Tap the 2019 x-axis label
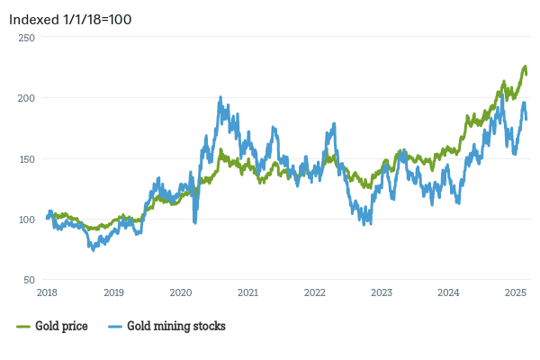click(x=113, y=292)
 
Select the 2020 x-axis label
click(x=181, y=292)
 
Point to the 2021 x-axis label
click(x=247, y=292)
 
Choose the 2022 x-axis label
click(x=314, y=292)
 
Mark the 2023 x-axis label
click(x=382, y=292)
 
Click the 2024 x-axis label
click(x=448, y=292)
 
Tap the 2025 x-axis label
click(x=515, y=292)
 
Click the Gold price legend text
click(x=61, y=326)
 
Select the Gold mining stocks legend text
click(x=176, y=326)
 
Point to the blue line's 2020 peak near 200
click(x=220, y=98)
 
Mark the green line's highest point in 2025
click(x=525, y=67)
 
